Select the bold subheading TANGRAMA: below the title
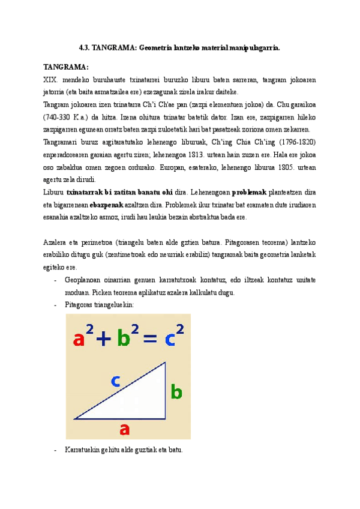click(x=66, y=67)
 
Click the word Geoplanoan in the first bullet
click(x=83, y=280)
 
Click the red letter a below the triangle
click(x=125, y=429)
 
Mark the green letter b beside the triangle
click(x=176, y=393)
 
